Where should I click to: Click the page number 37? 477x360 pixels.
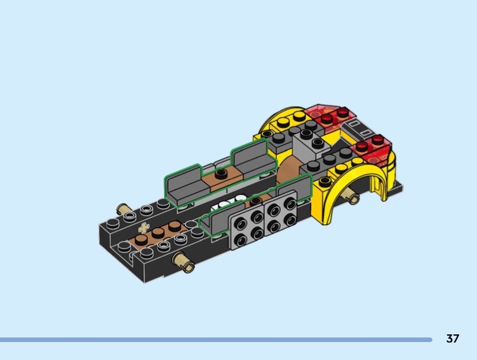coord(453,339)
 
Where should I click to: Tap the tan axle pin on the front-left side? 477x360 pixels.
coord(182,263)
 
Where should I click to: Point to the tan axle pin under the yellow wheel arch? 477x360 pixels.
coord(351,196)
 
